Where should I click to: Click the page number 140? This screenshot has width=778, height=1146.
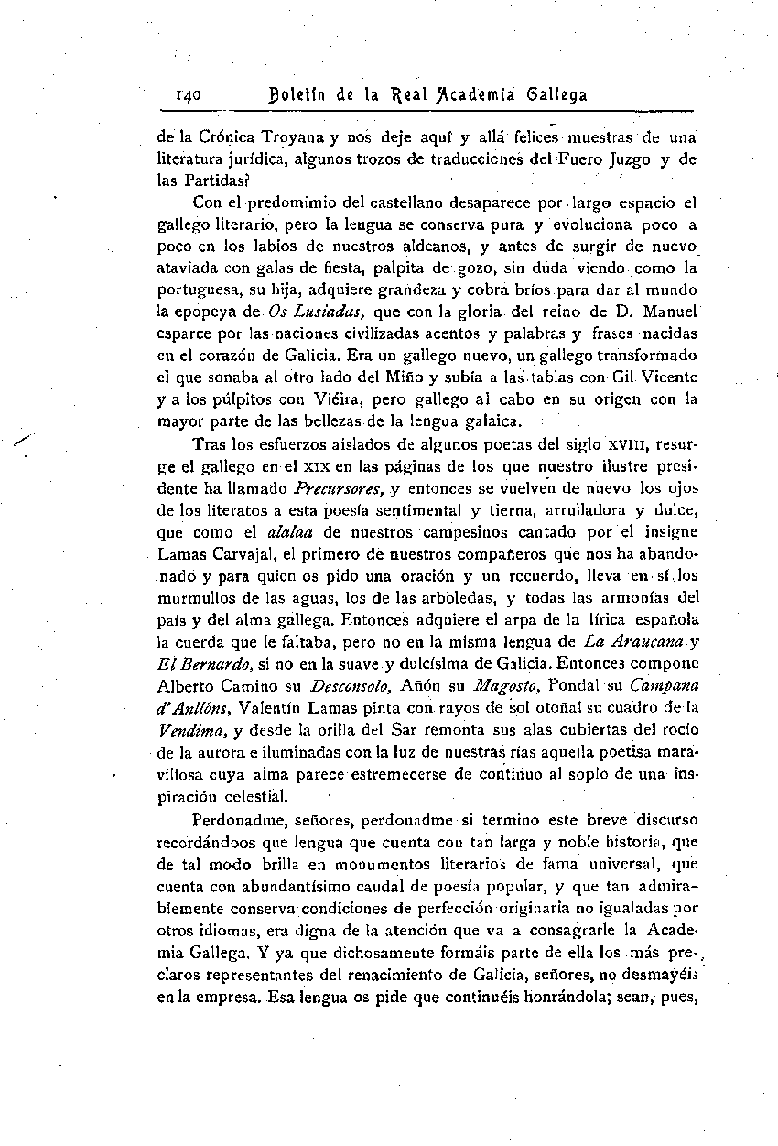[194, 94]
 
